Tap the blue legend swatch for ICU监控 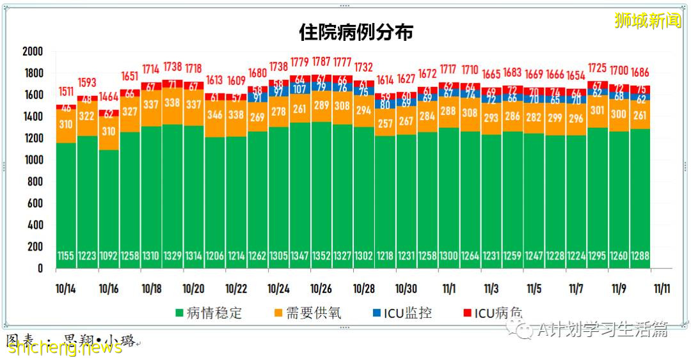(377, 313)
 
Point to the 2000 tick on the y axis (31, 52)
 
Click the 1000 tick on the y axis (31, 160)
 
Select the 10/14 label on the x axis (67, 288)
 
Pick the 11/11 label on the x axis (660, 288)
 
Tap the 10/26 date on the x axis (321, 288)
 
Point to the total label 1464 (109, 97)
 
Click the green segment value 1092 (109, 256)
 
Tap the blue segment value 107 (299, 89)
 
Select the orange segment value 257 (385, 123)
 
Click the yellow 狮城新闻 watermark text (647, 20)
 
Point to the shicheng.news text (64, 347)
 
